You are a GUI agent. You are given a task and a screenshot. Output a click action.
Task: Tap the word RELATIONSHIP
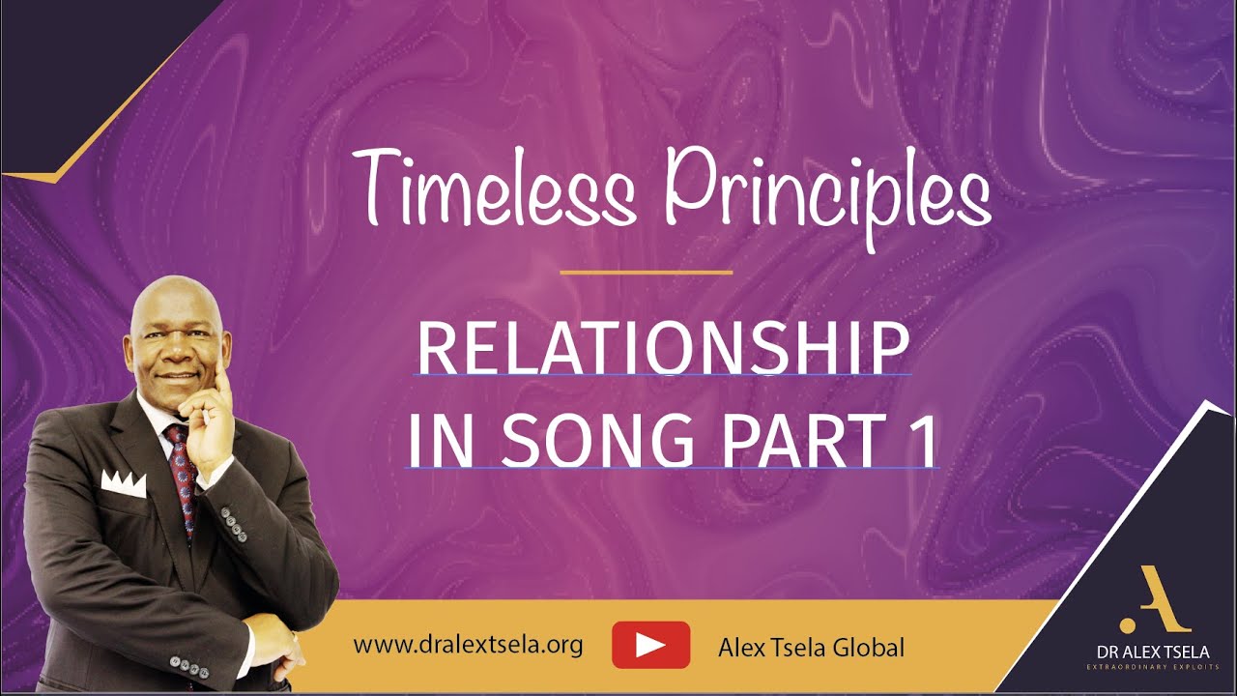click(x=663, y=349)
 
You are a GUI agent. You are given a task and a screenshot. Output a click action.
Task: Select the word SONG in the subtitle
click(x=597, y=442)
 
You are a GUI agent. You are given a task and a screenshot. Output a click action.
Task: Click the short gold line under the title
click(x=646, y=273)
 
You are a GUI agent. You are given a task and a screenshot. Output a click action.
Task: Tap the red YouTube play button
click(x=650, y=645)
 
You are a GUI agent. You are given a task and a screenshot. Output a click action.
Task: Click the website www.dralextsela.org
click(x=468, y=645)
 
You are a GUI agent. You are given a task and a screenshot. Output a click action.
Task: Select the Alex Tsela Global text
click(x=811, y=647)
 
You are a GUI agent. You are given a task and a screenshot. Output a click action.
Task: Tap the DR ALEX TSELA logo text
click(x=1148, y=652)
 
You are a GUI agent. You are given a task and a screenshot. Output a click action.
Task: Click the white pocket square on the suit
click(x=123, y=483)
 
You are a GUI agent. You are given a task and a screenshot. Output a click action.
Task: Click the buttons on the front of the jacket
click(x=233, y=523)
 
